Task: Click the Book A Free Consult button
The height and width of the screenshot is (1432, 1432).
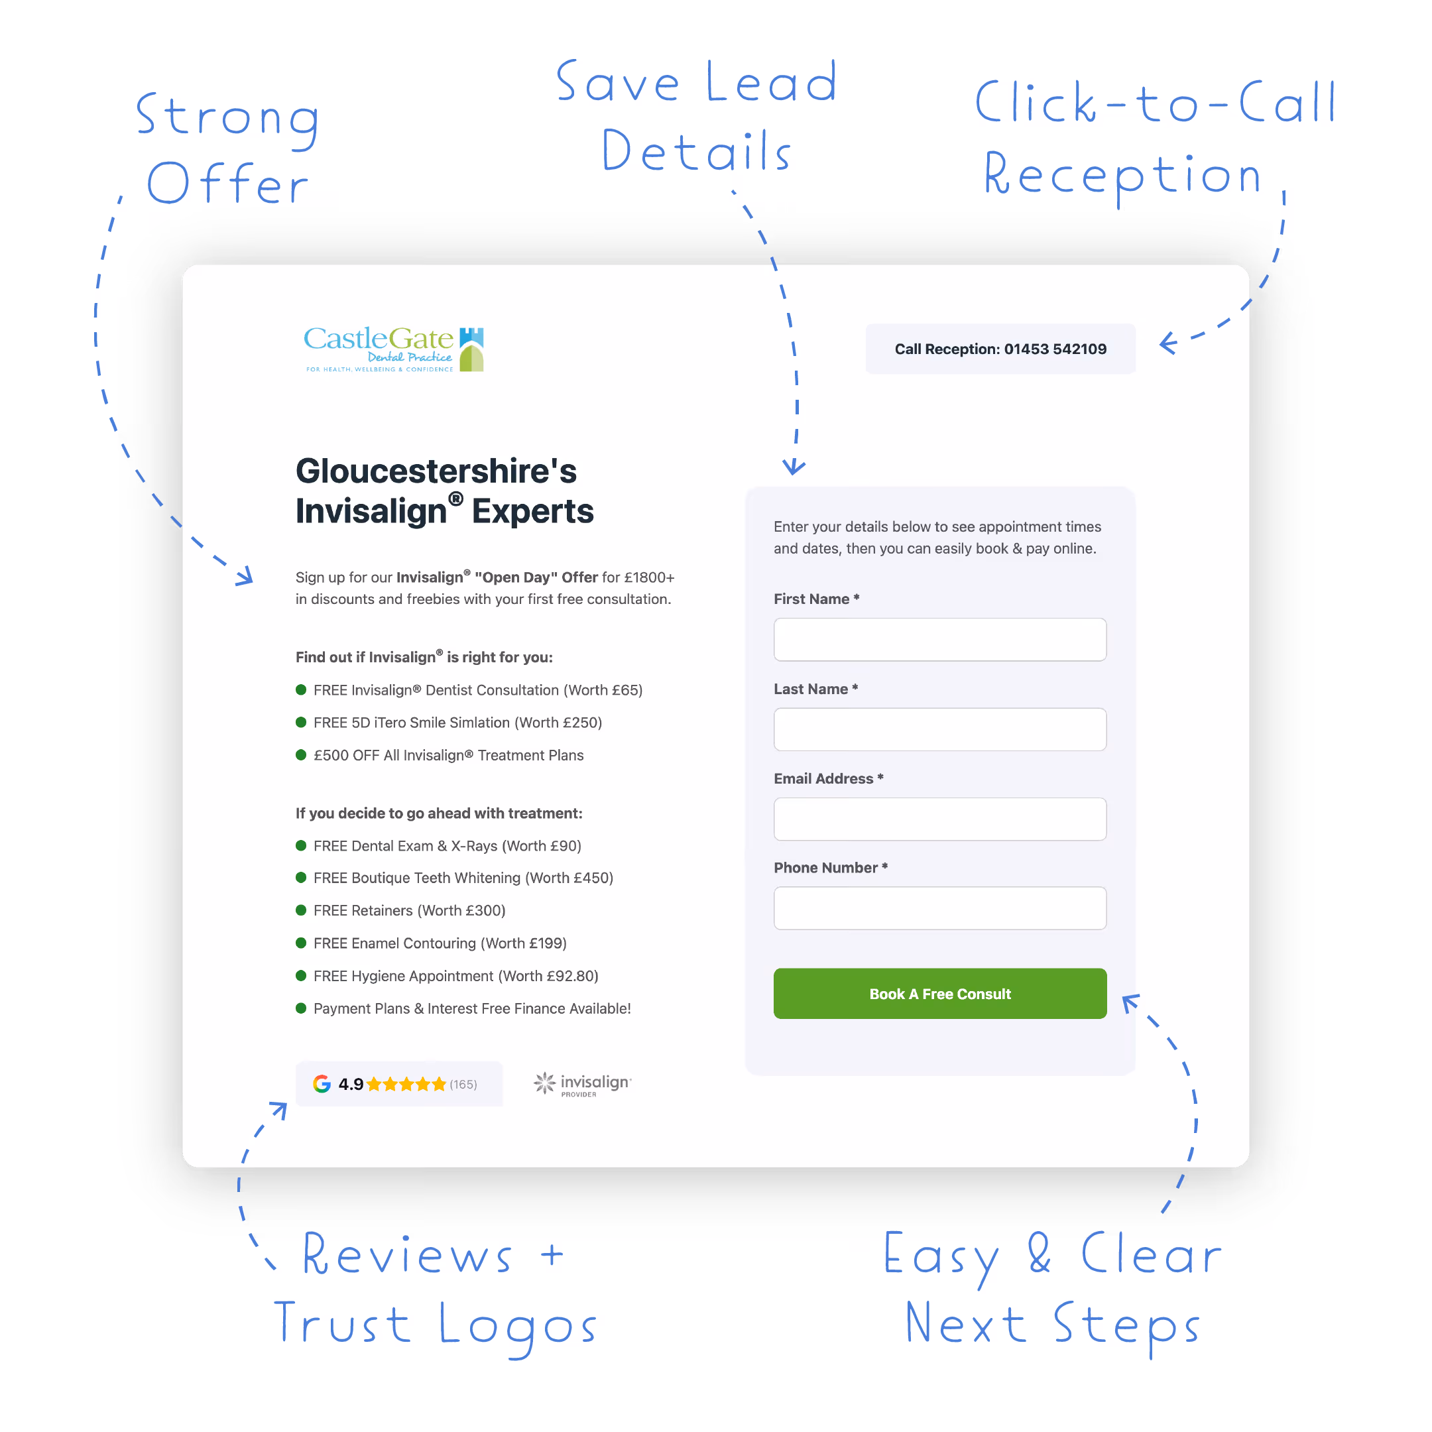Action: click(940, 994)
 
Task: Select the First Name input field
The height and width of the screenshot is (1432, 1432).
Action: click(940, 640)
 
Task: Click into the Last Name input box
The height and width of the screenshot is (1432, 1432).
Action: click(940, 729)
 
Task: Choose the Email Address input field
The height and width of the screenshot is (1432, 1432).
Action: click(940, 819)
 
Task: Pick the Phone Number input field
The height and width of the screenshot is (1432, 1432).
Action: click(940, 908)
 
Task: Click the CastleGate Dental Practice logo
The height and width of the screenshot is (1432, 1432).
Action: click(394, 348)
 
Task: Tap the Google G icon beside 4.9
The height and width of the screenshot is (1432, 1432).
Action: click(322, 1084)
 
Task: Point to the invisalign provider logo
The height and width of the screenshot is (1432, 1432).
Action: click(583, 1084)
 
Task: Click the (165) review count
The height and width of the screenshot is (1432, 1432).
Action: click(463, 1085)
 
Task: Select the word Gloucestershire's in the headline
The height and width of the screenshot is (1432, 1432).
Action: click(436, 471)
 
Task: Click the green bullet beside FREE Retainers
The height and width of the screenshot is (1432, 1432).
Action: click(301, 910)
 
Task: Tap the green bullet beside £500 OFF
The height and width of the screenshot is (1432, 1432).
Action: click(301, 755)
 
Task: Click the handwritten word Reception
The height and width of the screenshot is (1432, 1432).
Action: click(1122, 176)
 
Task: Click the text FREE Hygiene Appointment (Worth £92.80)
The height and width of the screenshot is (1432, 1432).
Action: click(456, 976)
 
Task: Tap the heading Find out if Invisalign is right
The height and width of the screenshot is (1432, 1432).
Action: click(424, 658)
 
